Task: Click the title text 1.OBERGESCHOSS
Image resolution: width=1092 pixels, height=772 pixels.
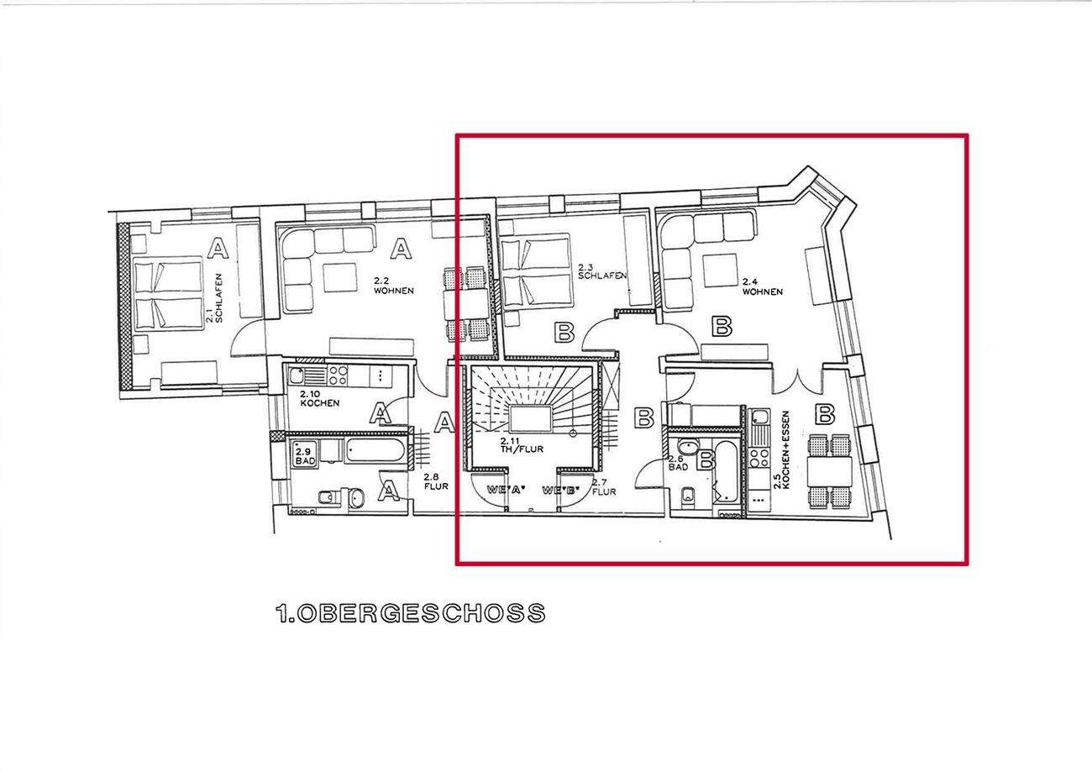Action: pos(410,614)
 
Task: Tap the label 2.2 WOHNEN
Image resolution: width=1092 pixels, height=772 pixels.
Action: pos(393,286)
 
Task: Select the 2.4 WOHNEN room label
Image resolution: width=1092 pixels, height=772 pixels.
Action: pos(761,286)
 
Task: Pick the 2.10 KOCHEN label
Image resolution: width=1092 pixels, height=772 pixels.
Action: pos(319,397)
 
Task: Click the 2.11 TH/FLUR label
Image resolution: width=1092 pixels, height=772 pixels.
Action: pos(522,445)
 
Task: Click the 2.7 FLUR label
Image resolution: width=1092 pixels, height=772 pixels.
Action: pos(604,487)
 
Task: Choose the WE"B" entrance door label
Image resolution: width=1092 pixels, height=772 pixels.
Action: pos(562,490)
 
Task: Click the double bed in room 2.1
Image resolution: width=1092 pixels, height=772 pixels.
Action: pos(168,294)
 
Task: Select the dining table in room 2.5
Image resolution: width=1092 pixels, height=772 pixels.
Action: pos(829,470)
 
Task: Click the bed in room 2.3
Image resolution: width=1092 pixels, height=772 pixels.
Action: pos(537,272)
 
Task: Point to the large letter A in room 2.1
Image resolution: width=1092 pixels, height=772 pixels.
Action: pos(218,249)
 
